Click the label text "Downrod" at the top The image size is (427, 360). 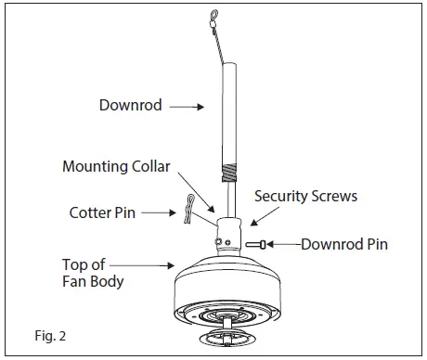[132, 106]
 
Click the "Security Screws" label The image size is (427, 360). [305, 197]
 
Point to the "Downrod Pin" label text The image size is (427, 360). [344, 245]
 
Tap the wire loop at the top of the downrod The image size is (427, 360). [215, 18]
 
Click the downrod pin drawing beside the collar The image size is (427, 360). [258, 245]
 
